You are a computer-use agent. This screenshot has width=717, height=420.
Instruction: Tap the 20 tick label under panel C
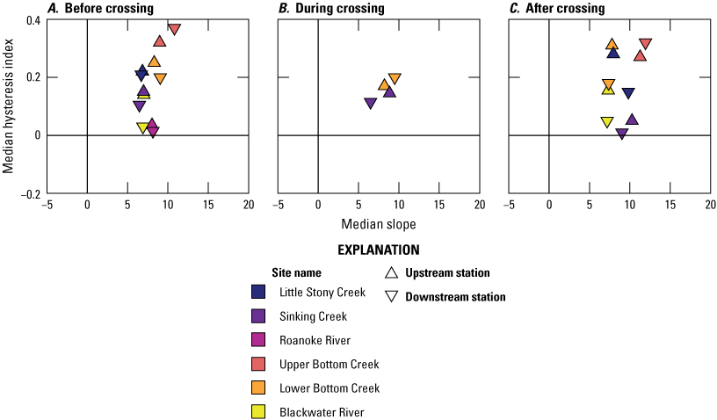(709, 205)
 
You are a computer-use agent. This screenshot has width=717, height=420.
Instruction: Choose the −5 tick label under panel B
(277, 205)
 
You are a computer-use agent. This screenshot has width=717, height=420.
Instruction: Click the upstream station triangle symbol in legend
(393, 273)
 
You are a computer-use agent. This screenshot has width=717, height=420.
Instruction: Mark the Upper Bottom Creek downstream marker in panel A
(174, 29)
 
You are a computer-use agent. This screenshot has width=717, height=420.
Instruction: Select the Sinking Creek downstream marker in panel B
(370, 104)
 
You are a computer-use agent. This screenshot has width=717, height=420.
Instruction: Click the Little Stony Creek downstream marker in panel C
(628, 93)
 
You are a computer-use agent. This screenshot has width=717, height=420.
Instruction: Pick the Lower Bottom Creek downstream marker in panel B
(395, 79)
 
